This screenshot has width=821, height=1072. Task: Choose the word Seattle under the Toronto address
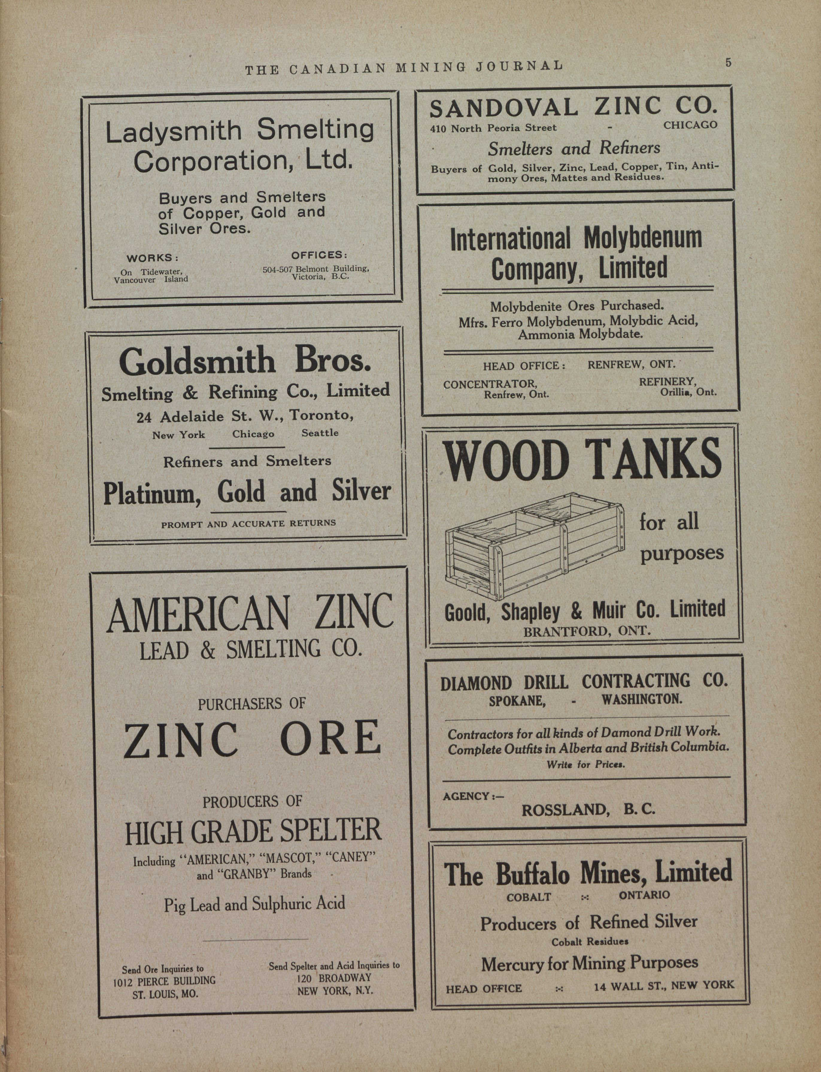point(320,433)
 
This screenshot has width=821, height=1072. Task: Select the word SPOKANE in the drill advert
point(517,700)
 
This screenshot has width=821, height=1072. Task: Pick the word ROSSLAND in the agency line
point(565,810)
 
